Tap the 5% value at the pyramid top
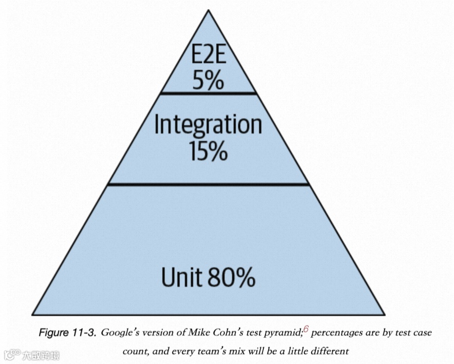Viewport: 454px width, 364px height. [x=208, y=81]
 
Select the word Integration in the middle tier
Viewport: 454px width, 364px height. [x=208, y=125]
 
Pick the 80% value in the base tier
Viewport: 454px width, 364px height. [x=232, y=278]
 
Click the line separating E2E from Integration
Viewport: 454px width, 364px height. [x=208, y=93]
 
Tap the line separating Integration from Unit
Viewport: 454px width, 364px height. [x=208, y=184]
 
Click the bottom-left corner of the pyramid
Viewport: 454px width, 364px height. [x=33, y=313]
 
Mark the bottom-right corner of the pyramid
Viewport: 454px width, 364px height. [x=384, y=313]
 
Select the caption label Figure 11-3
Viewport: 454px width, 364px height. [x=67, y=332]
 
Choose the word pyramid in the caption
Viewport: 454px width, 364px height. [x=284, y=333]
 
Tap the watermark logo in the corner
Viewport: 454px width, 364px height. [x=11, y=354]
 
